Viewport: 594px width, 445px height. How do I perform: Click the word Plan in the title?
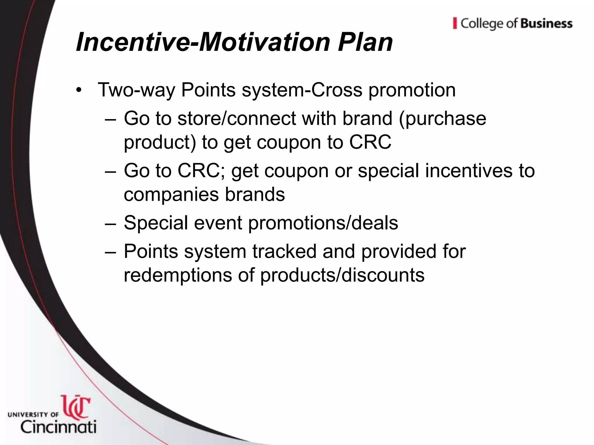pos(365,42)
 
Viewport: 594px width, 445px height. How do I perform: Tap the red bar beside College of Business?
pos(455,23)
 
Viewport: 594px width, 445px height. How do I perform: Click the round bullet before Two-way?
pos(79,91)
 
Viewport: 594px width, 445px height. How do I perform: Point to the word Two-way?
pos(137,90)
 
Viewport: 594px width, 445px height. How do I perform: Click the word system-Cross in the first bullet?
pos(302,90)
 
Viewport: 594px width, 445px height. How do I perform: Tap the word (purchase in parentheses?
pos(443,119)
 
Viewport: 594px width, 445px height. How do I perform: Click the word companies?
pos(171,195)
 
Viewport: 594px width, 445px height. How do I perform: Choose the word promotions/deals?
pos(323,223)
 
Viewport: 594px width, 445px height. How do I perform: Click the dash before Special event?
pos(111,223)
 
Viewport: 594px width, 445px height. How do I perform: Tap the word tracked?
pos(284,251)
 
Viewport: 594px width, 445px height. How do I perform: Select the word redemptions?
pos(178,275)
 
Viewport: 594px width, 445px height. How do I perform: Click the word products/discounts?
pos(342,275)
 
